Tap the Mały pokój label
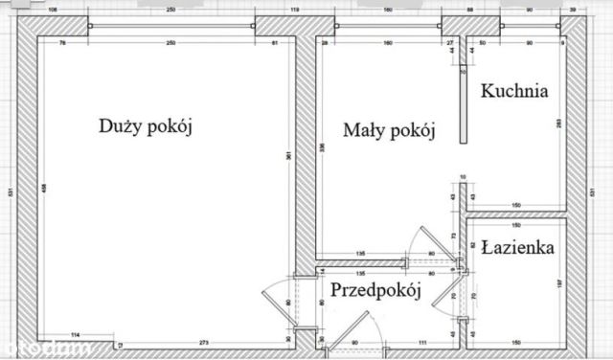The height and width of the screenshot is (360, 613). pos(390,130)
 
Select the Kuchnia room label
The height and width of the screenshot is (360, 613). pos(514,92)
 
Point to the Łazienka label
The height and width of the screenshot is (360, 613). pos(520,247)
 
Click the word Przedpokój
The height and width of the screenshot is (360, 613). pos(376,292)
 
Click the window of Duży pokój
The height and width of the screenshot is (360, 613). pos(170,23)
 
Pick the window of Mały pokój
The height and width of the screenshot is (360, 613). pos(388,23)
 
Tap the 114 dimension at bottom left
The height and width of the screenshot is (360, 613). pos(73,334)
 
